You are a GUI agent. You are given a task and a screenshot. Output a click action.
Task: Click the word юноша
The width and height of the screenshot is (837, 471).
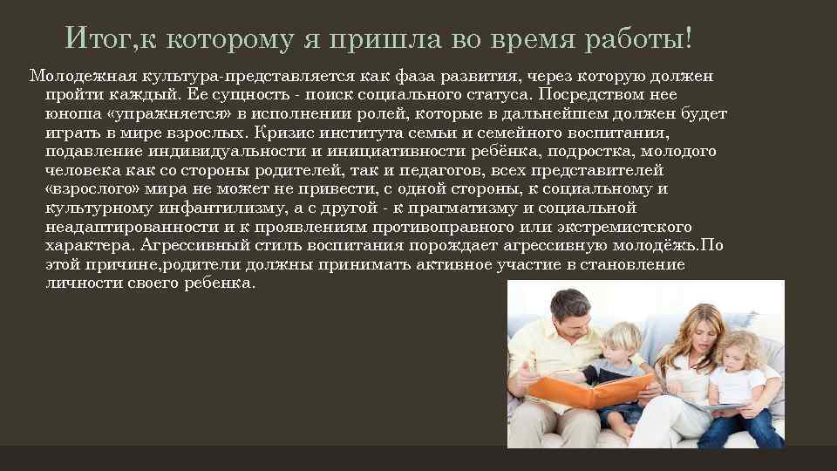67,113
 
